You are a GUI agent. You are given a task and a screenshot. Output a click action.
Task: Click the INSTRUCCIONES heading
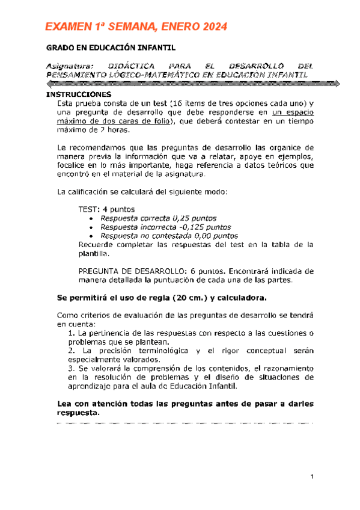[79, 95]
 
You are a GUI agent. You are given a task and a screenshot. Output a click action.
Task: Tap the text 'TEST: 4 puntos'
[105, 209]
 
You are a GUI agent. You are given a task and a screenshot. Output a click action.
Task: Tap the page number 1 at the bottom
[313, 478]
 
